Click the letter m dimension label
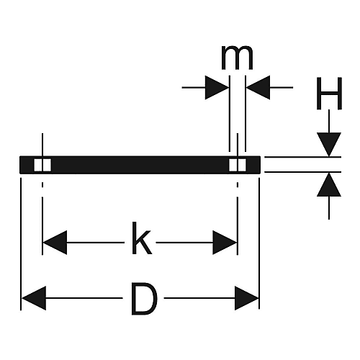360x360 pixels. click(237, 58)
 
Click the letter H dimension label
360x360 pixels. click(329, 94)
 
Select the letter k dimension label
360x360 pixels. click(142, 238)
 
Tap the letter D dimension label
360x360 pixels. click(145, 299)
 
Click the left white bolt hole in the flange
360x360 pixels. click(42, 165)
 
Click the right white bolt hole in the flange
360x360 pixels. click(238, 165)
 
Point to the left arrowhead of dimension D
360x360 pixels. click(34, 298)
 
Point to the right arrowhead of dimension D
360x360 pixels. click(247, 298)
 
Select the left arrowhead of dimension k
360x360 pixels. click(55, 243)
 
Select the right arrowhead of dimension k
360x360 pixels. click(225, 243)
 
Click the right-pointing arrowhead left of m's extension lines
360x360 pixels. click(217, 87)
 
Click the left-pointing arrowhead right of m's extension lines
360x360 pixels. click(258, 87)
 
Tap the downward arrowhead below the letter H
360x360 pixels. click(329, 145)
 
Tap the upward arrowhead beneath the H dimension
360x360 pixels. click(329, 184)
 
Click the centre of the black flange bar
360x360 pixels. click(140, 165)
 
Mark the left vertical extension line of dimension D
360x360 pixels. click(21, 244)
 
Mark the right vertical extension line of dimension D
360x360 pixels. click(259, 243)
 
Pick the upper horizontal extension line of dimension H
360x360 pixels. click(302, 157)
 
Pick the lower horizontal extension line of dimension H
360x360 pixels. click(302, 172)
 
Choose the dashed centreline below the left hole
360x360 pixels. click(42, 218)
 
